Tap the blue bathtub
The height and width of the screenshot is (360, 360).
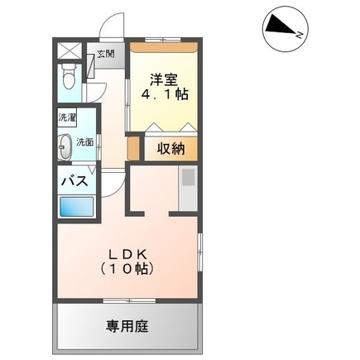coord(77,207)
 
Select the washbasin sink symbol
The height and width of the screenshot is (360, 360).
coord(65,146)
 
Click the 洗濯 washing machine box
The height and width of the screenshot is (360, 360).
coord(67,118)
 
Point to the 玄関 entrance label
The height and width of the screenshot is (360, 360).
coord(105,54)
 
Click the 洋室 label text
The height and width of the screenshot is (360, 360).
coord(164,80)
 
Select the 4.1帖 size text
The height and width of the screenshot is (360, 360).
coord(165,94)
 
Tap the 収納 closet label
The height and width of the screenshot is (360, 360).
coord(171,149)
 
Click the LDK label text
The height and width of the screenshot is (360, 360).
coord(127,254)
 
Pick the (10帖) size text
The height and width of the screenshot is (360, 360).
coord(127,269)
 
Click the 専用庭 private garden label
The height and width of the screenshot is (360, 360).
coord(127,326)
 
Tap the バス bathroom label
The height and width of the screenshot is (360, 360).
coord(74,181)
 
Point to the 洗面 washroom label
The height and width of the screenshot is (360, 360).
coord(84,142)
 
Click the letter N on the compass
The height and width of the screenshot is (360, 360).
coord(300,35)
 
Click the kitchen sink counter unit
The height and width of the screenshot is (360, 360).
coord(188,188)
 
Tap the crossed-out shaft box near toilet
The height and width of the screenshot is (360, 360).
coord(70,50)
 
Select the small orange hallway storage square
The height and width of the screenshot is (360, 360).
coord(133,148)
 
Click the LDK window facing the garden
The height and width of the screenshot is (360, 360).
coord(130,300)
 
